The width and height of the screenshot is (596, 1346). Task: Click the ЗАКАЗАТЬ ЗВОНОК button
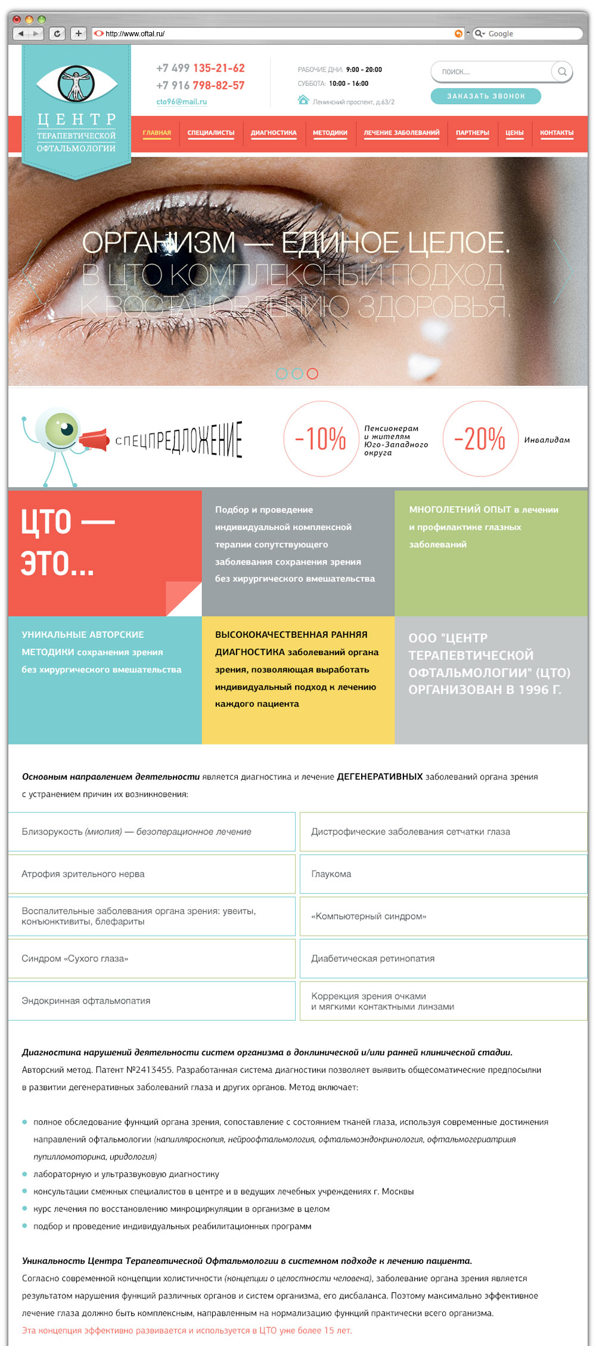coord(486,96)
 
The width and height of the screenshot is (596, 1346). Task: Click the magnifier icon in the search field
coord(561,71)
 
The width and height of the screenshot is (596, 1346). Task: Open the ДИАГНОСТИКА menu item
coord(274,133)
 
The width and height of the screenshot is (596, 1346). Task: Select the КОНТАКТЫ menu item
coord(557,133)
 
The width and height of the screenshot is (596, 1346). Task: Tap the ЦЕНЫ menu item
coord(514,133)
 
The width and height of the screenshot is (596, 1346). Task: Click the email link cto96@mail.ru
coord(181,102)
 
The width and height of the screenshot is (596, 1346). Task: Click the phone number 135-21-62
coord(219,68)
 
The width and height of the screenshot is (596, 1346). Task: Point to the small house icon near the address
coord(303,99)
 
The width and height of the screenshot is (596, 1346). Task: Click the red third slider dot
coord(312,373)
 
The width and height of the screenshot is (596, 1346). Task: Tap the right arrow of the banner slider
coord(562,272)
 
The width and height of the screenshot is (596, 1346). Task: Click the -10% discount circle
coord(321,439)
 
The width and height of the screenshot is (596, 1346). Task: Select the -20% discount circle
coord(480,439)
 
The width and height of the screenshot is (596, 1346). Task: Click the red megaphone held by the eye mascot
coord(95,440)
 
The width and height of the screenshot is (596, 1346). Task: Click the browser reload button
coord(57,33)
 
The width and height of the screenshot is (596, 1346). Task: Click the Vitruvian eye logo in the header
coord(76,83)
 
